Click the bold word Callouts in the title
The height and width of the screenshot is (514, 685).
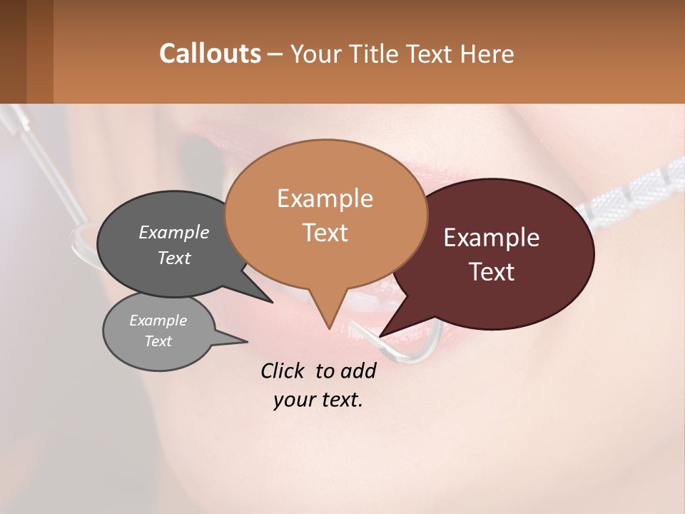point(210,54)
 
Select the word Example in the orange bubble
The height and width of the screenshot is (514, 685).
point(325,198)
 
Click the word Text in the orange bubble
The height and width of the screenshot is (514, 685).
point(325,233)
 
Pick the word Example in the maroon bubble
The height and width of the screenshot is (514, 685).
point(492,238)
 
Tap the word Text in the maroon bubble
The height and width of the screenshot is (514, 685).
point(492,272)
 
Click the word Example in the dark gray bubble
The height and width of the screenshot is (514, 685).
point(174,232)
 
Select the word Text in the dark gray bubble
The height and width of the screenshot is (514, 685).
point(174,258)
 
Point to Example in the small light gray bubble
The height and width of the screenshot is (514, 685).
point(158,321)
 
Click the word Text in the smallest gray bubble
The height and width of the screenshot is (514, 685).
point(158,341)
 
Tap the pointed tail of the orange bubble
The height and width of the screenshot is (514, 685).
point(328,325)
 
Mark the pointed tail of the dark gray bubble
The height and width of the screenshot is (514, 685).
point(268,299)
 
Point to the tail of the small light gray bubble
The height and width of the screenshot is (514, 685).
point(243,341)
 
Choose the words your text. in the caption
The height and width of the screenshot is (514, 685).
point(318,400)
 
